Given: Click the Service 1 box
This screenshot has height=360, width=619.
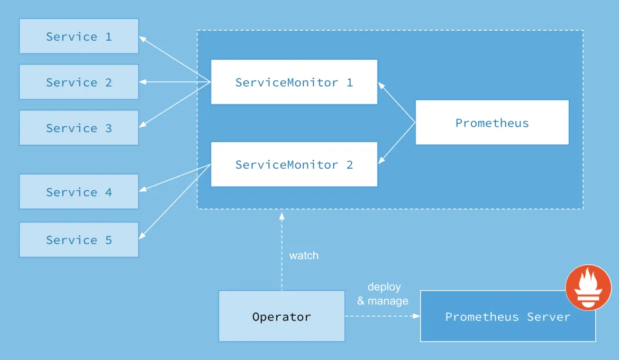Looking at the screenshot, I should tap(79, 36).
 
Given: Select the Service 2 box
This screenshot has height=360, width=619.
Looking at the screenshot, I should tap(79, 82).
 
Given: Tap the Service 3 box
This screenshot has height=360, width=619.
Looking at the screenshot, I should tap(79, 128).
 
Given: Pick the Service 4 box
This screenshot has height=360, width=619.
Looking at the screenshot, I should tap(79, 192).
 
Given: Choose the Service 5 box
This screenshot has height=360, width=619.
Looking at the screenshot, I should tap(79, 240).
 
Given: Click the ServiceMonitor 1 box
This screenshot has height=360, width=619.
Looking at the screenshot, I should tap(294, 82).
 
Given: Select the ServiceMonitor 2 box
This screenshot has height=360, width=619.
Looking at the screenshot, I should tap(294, 164).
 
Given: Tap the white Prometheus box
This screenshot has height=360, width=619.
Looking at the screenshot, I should tap(492, 123).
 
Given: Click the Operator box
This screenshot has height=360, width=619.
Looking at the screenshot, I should tap(281, 317).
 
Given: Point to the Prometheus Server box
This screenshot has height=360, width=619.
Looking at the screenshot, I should tap(507, 317).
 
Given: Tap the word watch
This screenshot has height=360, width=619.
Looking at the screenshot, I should tap(304, 255).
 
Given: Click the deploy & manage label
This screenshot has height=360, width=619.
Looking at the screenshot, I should tap(383, 294).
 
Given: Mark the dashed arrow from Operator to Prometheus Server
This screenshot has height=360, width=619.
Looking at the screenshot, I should tap(382, 316).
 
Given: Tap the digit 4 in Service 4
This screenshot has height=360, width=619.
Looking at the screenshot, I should tap(108, 192).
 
